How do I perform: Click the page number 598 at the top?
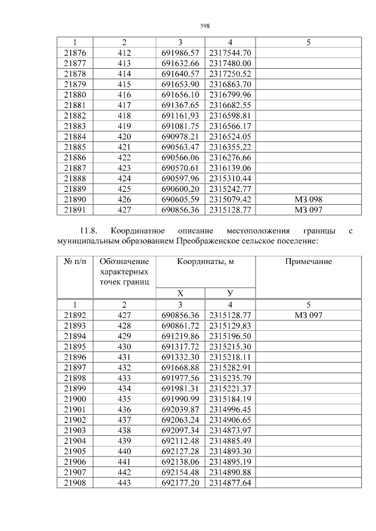pos(205,25)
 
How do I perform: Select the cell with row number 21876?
pos(75,53)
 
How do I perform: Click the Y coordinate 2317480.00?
pos(230,63)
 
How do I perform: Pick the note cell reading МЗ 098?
pos(308,199)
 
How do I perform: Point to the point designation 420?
pos(124,136)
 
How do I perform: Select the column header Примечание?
pos(308,262)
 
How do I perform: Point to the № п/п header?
pos(75,262)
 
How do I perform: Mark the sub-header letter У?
pos(230,293)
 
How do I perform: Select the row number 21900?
pos(75,399)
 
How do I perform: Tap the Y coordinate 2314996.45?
pos(230,410)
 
